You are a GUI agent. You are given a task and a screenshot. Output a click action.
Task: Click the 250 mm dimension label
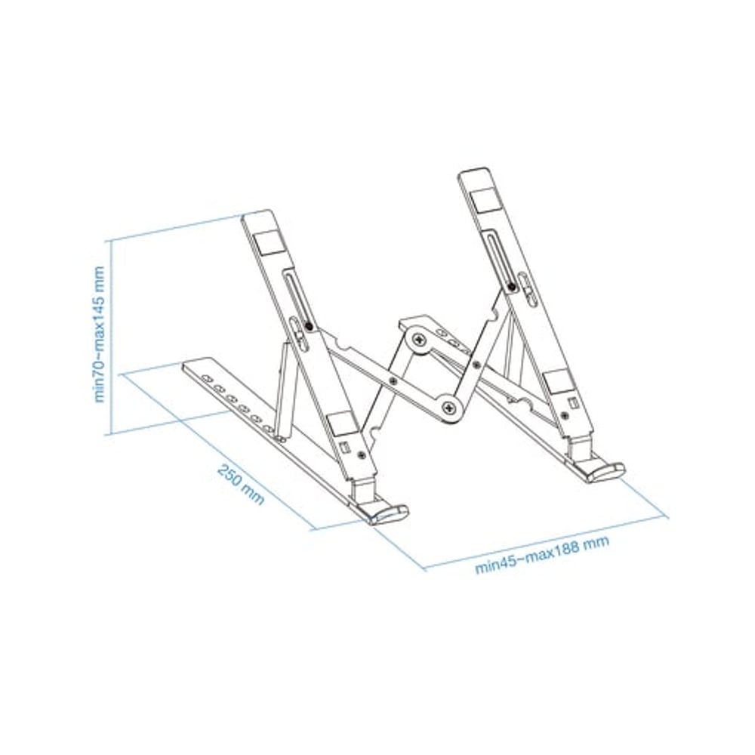(x=241, y=485)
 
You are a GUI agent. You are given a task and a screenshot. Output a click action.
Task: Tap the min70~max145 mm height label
(x=99, y=334)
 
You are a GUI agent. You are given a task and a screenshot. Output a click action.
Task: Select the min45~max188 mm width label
(x=542, y=554)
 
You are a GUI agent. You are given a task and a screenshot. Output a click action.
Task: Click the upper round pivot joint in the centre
(x=420, y=341)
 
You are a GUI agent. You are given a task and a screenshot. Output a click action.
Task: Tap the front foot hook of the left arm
(x=388, y=513)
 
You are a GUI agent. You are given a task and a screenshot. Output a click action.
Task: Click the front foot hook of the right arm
(x=605, y=472)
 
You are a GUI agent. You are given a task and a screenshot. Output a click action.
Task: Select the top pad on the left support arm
(x=268, y=244)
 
